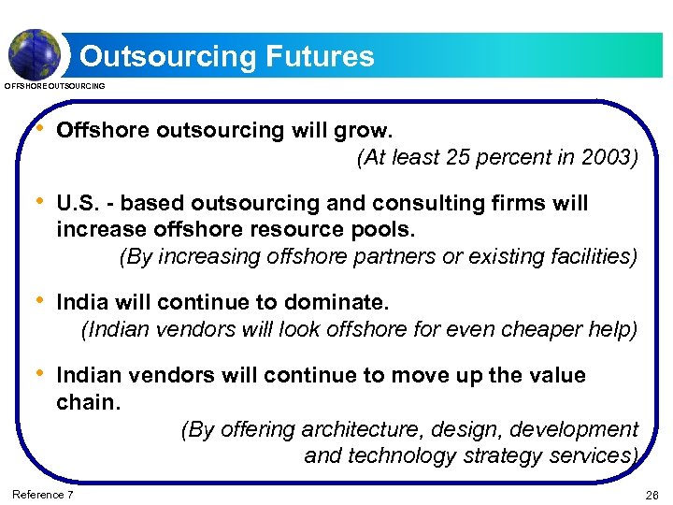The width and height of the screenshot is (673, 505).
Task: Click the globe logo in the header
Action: point(35,52)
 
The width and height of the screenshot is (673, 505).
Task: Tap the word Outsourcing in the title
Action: point(165,56)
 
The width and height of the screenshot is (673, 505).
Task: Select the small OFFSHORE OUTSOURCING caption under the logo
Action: point(55,86)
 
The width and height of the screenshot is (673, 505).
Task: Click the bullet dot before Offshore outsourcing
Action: point(38,129)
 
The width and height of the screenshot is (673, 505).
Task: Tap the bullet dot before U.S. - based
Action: point(38,202)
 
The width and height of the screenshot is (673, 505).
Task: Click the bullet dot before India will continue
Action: point(38,301)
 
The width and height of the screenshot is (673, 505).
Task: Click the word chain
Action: point(88,402)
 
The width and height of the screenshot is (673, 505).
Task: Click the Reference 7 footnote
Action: point(42,494)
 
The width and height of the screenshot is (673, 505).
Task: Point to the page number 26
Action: point(652,494)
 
